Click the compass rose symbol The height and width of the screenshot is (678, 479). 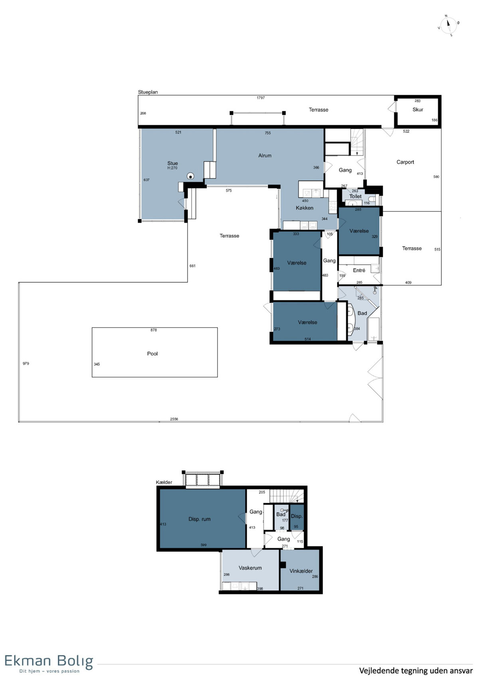[448, 26]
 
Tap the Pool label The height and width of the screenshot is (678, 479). [152, 354]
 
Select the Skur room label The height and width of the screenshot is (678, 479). [418, 109]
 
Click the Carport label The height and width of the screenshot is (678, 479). [405, 162]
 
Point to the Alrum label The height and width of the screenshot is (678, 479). [265, 155]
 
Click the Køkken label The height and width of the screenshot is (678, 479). [304, 208]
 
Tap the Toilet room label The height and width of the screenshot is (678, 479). [355, 197]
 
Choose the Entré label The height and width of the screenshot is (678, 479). [359, 270]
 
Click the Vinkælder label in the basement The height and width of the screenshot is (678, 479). [301, 571]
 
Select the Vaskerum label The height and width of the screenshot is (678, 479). [250, 568]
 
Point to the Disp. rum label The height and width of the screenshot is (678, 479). [199, 519]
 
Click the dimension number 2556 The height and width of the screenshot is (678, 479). [174, 419]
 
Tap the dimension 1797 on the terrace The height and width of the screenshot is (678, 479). [261, 98]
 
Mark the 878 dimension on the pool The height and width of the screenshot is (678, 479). [154, 330]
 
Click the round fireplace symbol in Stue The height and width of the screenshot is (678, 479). [190, 176]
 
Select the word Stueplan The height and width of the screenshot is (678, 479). [148, 92]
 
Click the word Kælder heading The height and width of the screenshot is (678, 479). [164, 482]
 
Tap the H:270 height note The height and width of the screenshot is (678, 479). [172, 168]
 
